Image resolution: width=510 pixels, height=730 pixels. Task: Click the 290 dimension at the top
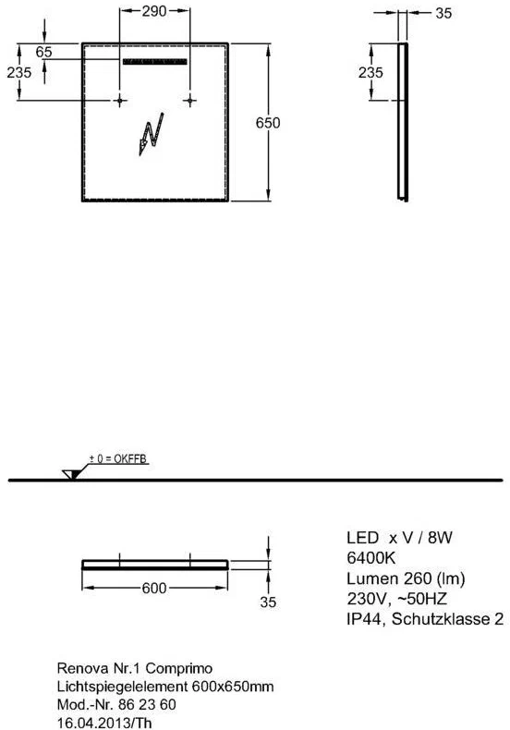pyautogui.click(x=154, y=11)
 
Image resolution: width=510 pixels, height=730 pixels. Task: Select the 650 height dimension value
pyautogui.click(x=268, y=123)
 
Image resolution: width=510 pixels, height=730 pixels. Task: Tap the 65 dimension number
pyautogui.click(x=43, y=52)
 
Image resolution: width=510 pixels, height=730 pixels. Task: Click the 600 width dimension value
pyautogui.click(x=154, y=588)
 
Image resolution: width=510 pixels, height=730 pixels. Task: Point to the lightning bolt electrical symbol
pyautogui.click(x=152, y=134)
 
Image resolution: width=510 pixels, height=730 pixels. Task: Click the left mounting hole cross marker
pyautogui.click(x=119, y=100)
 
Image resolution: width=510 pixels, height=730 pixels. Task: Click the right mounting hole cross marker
pyautogui.click(x=189, y=100)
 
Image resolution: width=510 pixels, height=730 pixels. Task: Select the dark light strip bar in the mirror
pyautogui.click(x=154, y=62)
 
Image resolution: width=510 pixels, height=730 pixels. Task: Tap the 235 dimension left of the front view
pyautogui.click(x=19, y=72)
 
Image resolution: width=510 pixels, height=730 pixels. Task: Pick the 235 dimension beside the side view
pyautogui.click(x=370, y=72)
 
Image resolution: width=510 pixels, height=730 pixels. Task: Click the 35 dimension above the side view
pyautogui.click(x=443, y=13)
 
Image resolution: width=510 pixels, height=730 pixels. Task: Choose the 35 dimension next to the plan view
pyautogui.click(x=268, y=602)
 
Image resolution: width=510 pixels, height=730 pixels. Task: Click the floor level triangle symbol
pyautogui.click(x=72, y=474)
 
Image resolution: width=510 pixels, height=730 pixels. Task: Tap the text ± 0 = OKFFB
pyautogui.click(x=117, y=459)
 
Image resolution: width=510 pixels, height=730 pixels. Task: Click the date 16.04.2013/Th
pyautogui.click(x=104, y=723)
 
